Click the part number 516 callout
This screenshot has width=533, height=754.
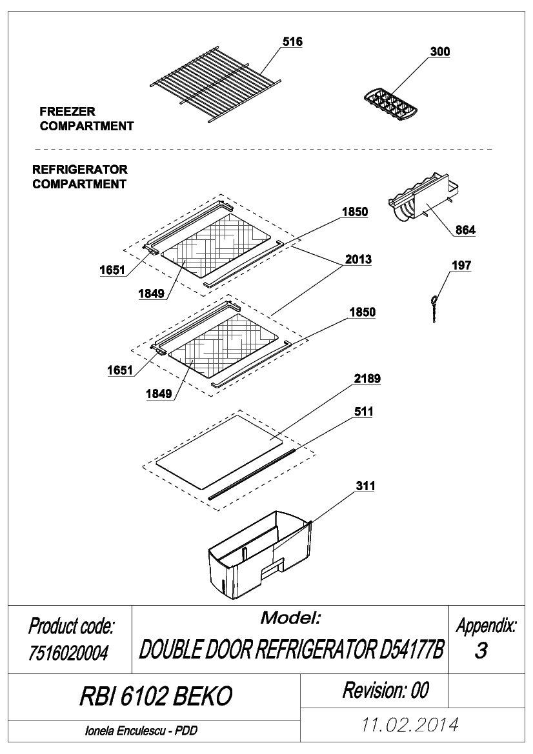pyautogui.click(x=292, y=42)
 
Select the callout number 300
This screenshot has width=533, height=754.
pyautogui.click(x=439, y=52)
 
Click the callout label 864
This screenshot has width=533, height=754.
pyautogui.click(x=465, y=230)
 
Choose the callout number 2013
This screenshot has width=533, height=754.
pyautogui.click(x=358, y=259)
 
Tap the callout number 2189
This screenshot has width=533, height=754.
pyautogui.click(x=368, y=379)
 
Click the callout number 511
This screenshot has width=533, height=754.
pyautogui.click(x=363, y=412)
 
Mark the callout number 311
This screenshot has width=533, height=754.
pyautogui.click(x=366, y=486)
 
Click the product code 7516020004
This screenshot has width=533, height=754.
pyautogui.click(x=68, y=653)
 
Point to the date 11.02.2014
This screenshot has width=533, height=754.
pyautogui.click(x=409, y=724)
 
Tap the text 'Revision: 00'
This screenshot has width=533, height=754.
pyautogui.click(x=385, y=690)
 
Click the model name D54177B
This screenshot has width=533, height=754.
pyautogui.click(x=412, y=650)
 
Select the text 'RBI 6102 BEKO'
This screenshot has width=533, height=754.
pyautogui.click(x=156, y=695)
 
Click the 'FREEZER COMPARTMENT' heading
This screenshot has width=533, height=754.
pyautogui.click(x=86, y=119)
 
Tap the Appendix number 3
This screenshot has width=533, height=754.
pyautogui.click(x=481, y=650)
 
